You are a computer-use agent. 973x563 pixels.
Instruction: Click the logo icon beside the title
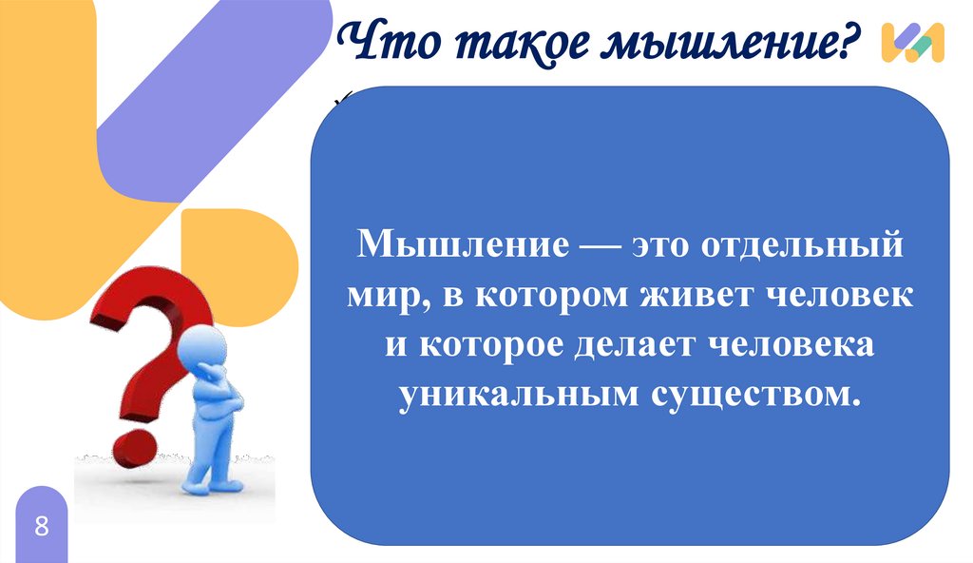[912, 43]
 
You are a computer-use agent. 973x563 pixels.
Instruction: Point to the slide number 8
[41, 526]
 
